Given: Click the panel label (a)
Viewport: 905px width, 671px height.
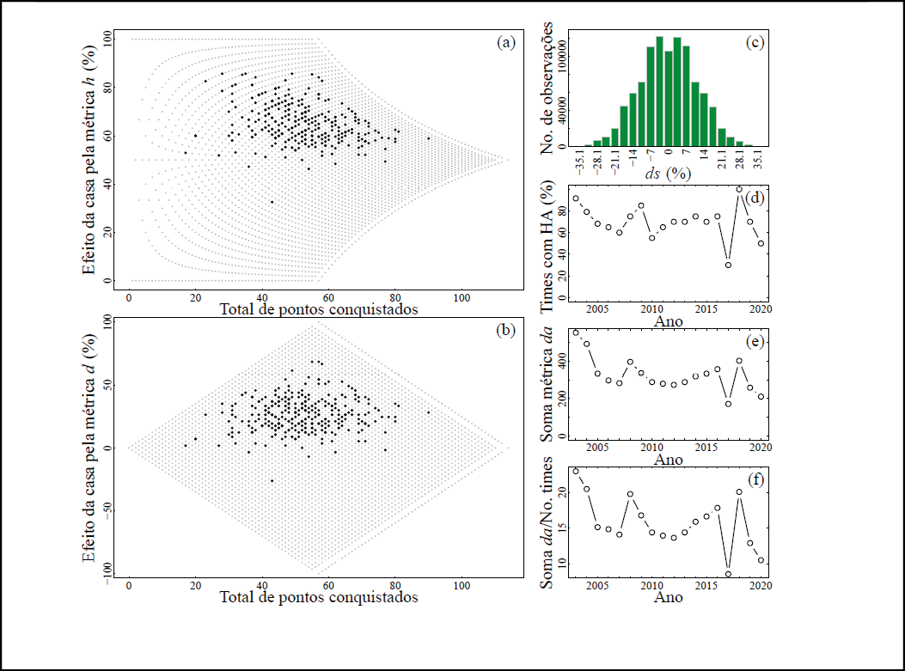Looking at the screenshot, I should coord(506,43).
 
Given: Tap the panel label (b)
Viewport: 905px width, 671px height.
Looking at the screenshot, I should coord(506,330).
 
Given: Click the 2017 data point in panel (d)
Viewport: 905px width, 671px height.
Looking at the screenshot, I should coord(728,265).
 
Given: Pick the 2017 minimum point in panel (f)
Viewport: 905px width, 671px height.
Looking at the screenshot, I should coord(728,574).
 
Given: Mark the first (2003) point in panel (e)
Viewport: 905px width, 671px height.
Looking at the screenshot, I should coord(576,332).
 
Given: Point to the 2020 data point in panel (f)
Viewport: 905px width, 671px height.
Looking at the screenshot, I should coord(761,560).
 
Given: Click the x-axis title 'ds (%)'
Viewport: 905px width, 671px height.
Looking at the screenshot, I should coord(669,172).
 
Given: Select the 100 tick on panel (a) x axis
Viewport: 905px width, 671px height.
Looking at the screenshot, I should coord(462,296).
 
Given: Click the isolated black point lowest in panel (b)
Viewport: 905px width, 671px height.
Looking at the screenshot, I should coord(272,481).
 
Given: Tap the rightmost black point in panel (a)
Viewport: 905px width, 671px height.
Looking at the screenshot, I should coord(429,138).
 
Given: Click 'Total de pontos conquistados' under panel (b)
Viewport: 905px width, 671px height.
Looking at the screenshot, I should coord(319,596).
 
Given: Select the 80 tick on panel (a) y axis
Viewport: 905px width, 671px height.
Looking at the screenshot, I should coord(108,87).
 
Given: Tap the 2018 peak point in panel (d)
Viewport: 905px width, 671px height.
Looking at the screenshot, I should coord(739,189).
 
